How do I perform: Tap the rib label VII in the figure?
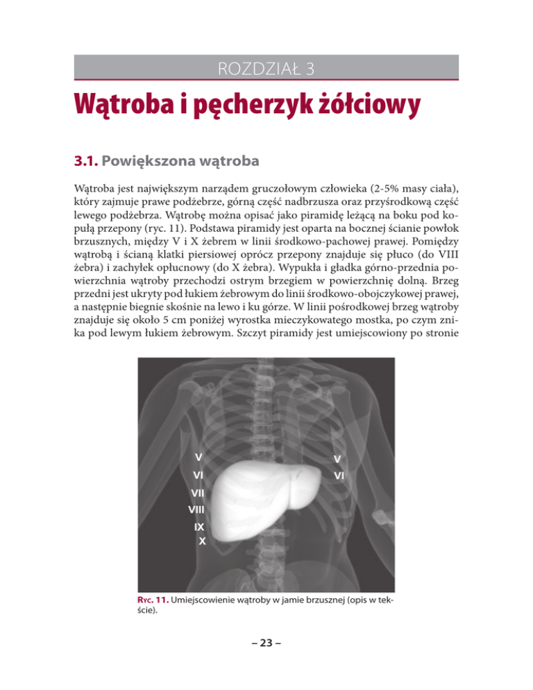point(198,492)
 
